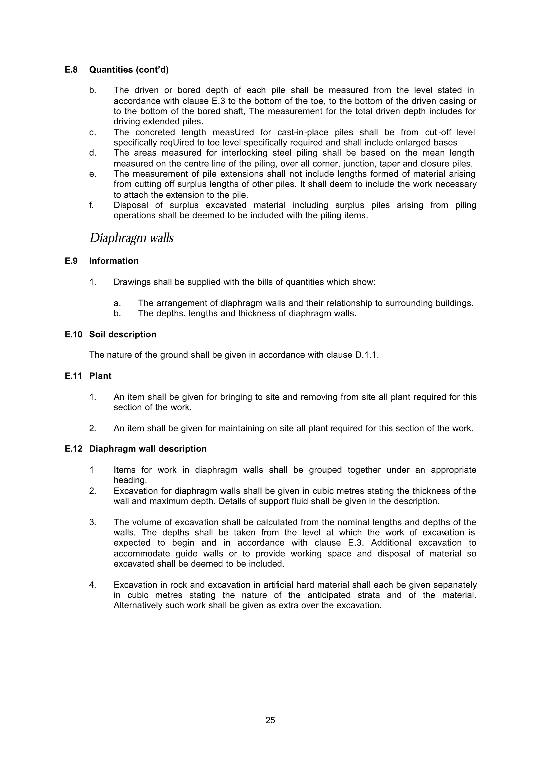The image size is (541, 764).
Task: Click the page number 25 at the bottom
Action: pyautogui.click(x=270, y=720)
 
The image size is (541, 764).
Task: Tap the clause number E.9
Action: pyautogui.click(x=71, y=261)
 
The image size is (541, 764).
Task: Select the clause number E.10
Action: pyautogui.click(x=73, y=334)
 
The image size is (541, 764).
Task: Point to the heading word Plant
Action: pyautogui.click(x=100, y=376)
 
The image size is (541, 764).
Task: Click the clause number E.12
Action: pyautogui.click(x=73, y=449)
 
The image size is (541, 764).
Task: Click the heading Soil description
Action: pyautogui.click(x=123, y=334)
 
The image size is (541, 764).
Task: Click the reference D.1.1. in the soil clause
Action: pyautogui.click(x=365, y=355)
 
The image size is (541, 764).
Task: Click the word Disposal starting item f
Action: pyautogui.click(x=131, y=205)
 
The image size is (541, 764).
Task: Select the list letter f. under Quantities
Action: pyautogui.click(x=92, y=205)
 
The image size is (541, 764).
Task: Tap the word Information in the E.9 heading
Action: pyautogui.click(x=114, y=261)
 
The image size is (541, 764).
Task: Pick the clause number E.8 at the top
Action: pyautogui.click(x=71, y=70)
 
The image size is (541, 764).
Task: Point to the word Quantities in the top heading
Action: pyautogui.click(x=111, y=70)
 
